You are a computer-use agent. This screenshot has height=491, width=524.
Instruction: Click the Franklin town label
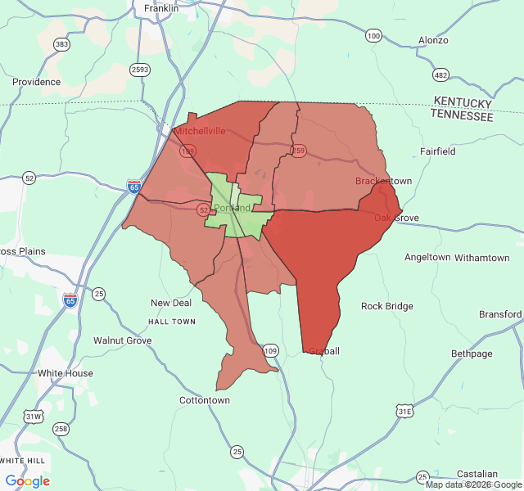[160, 8]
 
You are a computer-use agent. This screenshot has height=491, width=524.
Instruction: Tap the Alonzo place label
[433, 40]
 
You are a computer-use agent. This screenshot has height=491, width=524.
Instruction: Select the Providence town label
[36, 82]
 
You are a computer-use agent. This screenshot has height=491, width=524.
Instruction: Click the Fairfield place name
[438, 151]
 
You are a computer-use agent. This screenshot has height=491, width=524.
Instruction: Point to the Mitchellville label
[201, 131]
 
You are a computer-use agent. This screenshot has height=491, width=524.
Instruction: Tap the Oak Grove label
[396, 218]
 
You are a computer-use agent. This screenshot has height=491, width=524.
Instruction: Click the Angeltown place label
[427, 257]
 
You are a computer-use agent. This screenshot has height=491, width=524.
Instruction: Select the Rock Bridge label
[387, 306]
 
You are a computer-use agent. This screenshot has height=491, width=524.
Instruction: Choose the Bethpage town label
[472, 354]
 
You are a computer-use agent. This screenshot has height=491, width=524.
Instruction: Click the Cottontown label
[205, 400]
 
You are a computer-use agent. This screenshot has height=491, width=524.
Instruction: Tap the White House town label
[65, 373]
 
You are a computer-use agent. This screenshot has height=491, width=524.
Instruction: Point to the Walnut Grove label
[122, 340]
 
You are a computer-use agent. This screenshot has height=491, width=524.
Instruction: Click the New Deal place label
[171, 303]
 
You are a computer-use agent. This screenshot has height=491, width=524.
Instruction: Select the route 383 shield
[61, 44]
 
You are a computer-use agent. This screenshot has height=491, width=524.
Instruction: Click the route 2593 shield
[139, 70]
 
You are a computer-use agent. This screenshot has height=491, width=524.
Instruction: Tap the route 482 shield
[441, 75]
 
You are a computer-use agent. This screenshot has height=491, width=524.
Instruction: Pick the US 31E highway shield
[404, 412]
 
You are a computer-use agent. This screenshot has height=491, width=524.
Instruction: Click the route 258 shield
[61, 429]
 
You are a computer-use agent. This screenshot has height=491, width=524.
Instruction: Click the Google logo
[27, 481]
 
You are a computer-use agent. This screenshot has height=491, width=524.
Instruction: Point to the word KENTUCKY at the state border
[463, 102]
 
